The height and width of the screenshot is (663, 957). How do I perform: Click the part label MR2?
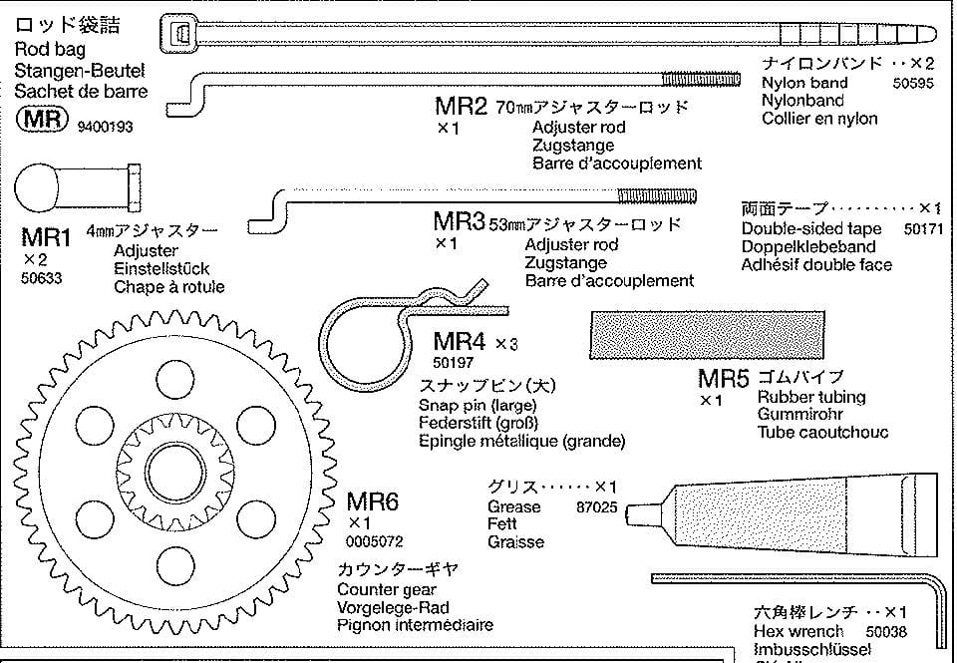point(461,106)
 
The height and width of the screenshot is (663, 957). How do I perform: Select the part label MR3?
point(459,220)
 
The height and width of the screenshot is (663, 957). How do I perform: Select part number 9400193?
point(104,127)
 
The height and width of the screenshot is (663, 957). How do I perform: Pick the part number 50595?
point(912,84)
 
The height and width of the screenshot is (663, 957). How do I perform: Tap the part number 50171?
point(923,228)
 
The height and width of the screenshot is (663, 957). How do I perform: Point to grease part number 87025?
point(597,507)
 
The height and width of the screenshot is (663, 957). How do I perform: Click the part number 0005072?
point(375,542)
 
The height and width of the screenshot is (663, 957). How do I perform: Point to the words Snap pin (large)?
point(478,406)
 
